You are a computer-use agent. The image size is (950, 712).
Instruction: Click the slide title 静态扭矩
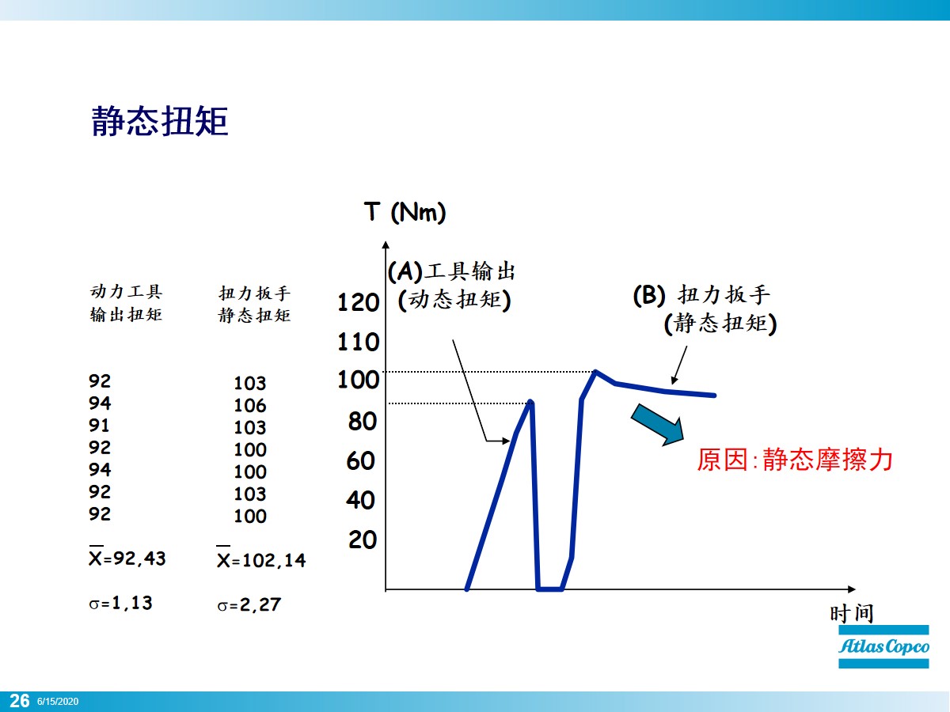click(161, 122)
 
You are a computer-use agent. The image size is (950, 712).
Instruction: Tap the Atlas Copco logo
click(884, 646)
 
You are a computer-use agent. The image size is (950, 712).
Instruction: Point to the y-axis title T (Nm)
click(405, 213)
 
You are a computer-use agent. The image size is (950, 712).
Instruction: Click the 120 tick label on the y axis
click(358, 302)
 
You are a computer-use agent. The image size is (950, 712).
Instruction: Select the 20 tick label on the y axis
click(362, 540)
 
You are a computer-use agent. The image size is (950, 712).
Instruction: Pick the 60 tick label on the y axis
click(361, 460)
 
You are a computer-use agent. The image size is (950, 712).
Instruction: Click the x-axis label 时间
click(852, 613)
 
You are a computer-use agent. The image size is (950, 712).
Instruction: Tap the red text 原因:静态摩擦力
click(795, 460)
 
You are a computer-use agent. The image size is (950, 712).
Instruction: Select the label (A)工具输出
click(451, 272)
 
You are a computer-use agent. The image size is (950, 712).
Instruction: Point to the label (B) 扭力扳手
click(701, 295)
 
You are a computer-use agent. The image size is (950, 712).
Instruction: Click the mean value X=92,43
click(127, 558)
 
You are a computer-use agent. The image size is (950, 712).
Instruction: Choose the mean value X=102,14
click(260, 560)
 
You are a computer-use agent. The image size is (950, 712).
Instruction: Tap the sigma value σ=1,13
click(120, 603)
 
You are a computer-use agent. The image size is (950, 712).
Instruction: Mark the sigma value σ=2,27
click(249, 606)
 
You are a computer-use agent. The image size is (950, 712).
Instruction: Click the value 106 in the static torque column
click(250, 406)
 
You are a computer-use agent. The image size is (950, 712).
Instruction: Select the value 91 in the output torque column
click(101, 425)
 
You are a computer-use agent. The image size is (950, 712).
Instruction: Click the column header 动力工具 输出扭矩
click(127, 303)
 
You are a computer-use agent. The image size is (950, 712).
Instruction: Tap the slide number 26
click(20, 701)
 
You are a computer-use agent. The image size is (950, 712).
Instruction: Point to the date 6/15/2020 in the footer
click(58, 702)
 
